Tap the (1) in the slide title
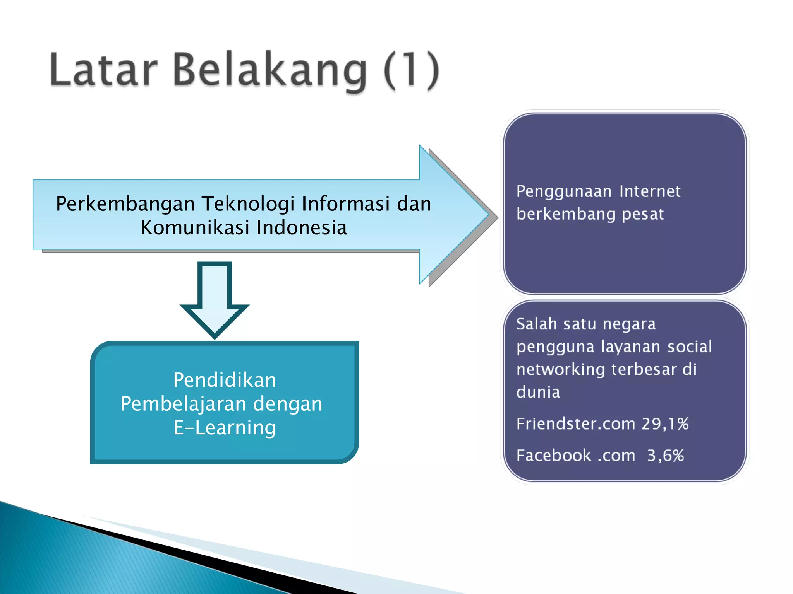click(412, 70)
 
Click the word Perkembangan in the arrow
click(125, 204)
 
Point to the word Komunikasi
click(195, 227)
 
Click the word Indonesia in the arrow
click(302, 227)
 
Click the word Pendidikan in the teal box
click(225, 380)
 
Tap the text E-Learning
click(225, 428)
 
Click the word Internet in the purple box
click(650, 191)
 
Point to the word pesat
click(643, 214)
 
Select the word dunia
click(538, 392)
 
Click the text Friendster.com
click(575, 424)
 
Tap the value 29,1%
click(665, 424)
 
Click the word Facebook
click(554, 456)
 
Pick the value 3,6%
click(666, 456)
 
